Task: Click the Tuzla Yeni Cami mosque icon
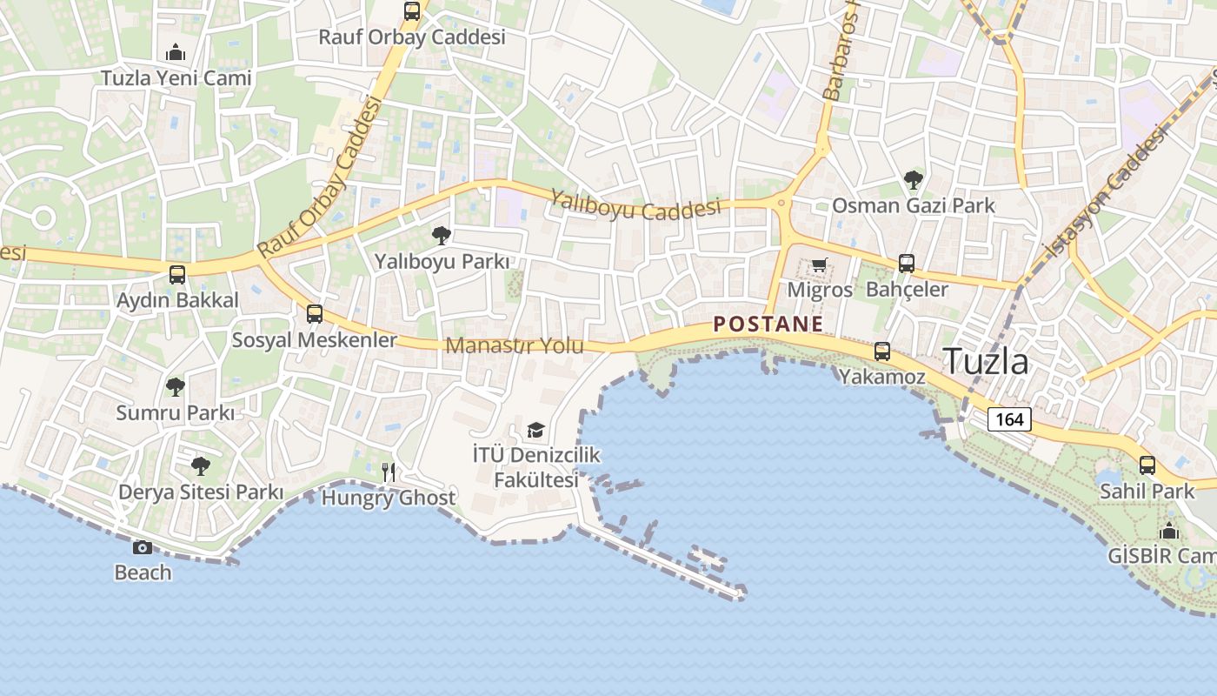(176, 52)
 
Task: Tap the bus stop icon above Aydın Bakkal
(177, 275)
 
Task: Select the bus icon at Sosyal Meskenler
(315, 314)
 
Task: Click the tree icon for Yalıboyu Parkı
(442, 235)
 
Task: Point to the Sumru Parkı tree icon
(176, 386)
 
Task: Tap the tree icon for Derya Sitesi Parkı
(201, 466)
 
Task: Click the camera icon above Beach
(143, 547)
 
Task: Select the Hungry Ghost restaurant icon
(389, 472)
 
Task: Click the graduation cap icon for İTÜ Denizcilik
(535, 430)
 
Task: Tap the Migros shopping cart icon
(819, 264)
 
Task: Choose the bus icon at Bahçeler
(907, 263)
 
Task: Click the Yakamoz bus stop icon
(882, 351)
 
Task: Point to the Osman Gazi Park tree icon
(913, 180)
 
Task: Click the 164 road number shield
(1009, 419)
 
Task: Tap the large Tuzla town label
(986, 361)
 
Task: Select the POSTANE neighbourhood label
(768, 325)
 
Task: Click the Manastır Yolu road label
(515, 345)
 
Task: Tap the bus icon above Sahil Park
(1147, 465)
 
